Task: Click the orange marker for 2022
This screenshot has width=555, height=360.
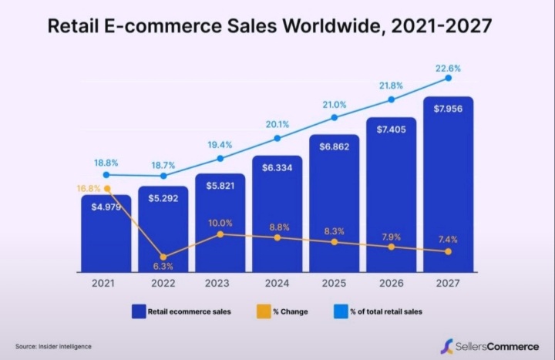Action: click(163, 257)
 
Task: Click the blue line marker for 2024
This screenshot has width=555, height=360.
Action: click(277, 138)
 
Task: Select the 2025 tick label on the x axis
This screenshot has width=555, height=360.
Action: click(334, 284)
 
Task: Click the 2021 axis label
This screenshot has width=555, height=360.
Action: click(106, 284)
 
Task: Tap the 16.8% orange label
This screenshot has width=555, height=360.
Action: click(89, 187)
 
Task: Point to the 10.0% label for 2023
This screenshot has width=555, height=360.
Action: click(220, 223)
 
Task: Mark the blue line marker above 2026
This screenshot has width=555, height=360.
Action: click(391, 99)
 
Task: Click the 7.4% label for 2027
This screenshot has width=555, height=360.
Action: click(448, 240)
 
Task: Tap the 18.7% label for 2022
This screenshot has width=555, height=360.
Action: click(163, 165)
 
